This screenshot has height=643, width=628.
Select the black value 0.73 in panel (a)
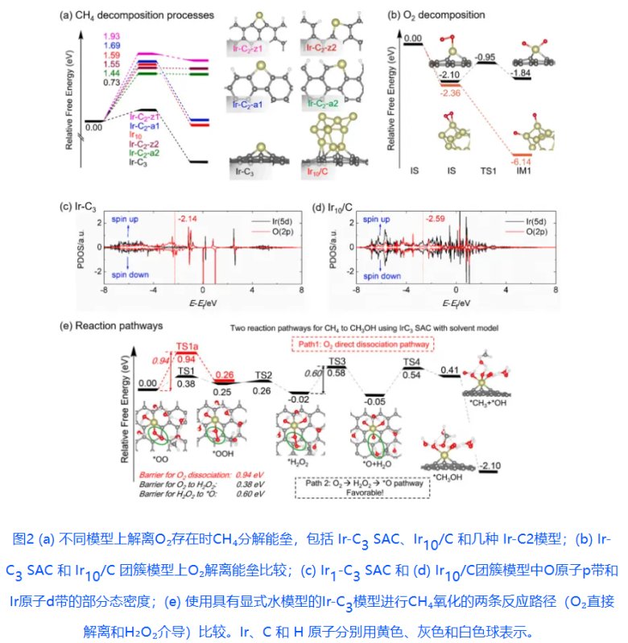point(113,83)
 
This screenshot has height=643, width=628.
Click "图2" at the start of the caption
point(26,540)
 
